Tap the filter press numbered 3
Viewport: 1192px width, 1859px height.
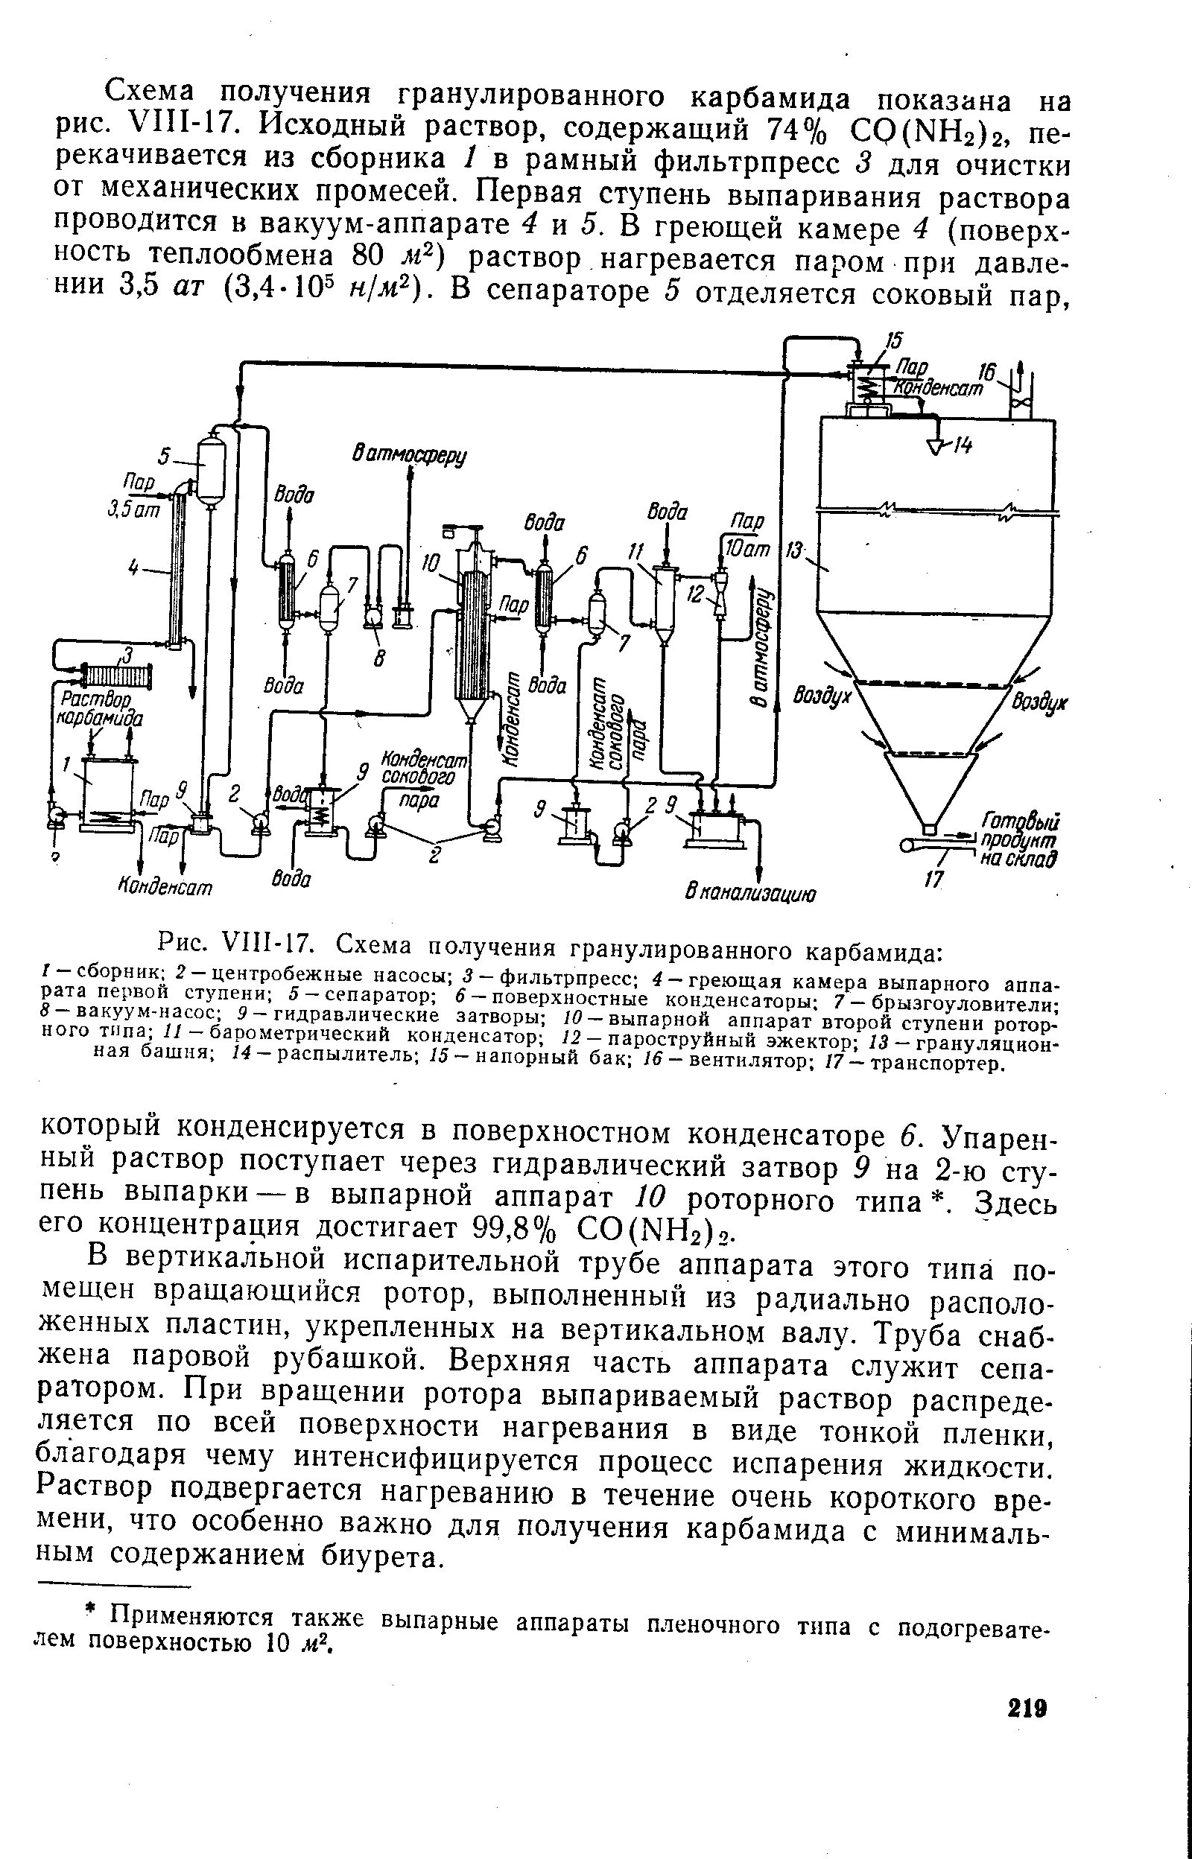117,678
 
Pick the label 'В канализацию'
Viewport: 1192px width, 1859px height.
750,894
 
